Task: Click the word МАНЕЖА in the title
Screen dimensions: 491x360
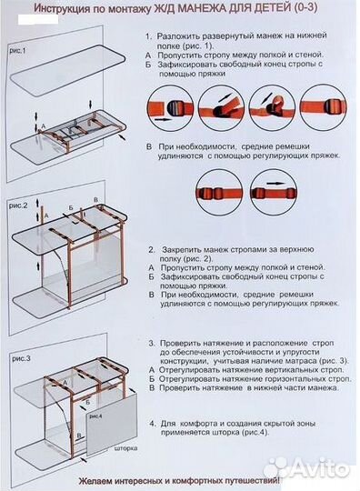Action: point(225,10)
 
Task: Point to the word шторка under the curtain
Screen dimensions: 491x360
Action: point(124,448)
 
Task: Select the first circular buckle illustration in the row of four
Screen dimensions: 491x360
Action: point(171,116)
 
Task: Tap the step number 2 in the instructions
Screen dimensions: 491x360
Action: point(149,248)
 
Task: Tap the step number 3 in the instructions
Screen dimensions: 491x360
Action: point(150,344)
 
